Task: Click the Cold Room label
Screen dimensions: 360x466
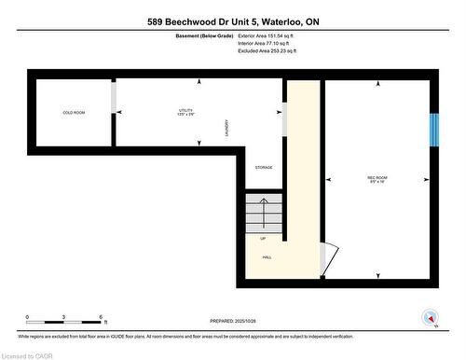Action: point(74,113)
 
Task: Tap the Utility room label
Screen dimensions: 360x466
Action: point(185,112)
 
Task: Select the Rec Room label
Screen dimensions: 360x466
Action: point(377,177)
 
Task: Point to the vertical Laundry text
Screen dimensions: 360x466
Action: point(226,128)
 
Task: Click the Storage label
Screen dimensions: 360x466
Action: point(264,167)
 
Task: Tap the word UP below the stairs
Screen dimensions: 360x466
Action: point(263,239)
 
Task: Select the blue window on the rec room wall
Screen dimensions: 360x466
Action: point(432,130)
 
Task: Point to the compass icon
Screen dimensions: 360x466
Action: point(429,316)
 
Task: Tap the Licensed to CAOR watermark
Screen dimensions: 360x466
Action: point(28,353)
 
